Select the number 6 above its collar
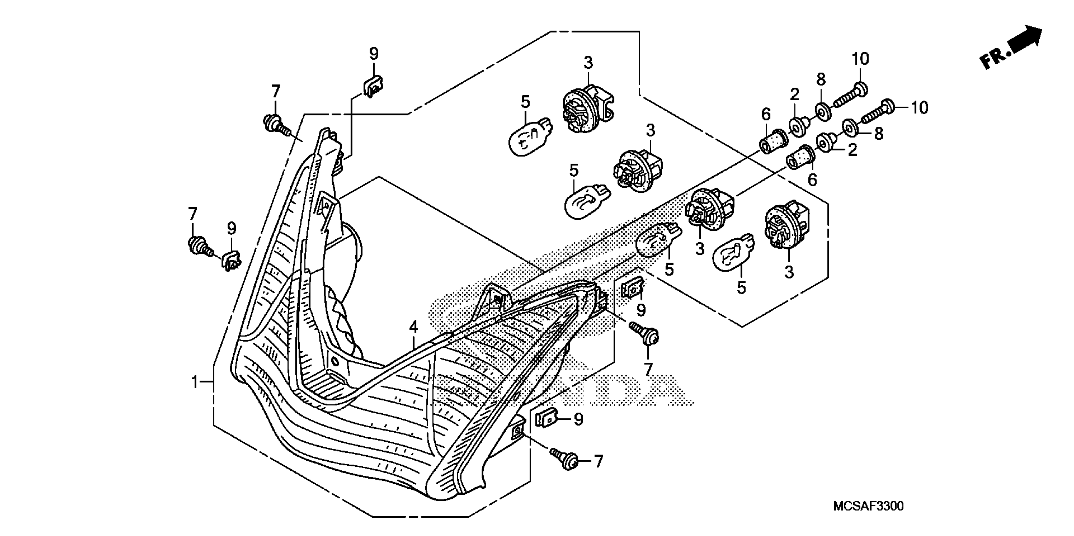766,114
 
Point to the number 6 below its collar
812,180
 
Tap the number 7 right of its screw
598,461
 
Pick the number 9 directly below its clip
641,310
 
